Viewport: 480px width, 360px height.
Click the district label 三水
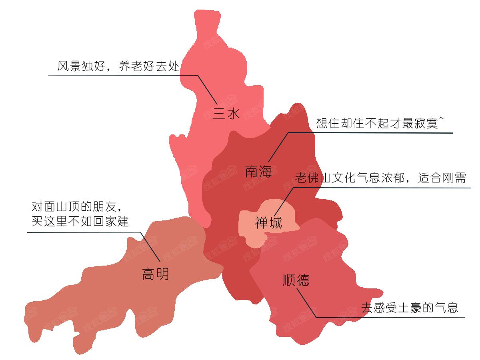[226, 114]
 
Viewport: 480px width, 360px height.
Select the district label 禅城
[268, 222]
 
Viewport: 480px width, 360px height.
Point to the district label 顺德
[296, 280]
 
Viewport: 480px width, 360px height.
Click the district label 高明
[155, 274]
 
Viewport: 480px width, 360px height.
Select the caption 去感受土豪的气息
[409, 308]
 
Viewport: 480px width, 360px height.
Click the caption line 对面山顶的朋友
[76, 207]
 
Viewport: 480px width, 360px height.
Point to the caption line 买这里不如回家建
[80, 221]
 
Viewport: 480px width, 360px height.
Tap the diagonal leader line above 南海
[278, 146]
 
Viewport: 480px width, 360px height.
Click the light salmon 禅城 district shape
[256, 236]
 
